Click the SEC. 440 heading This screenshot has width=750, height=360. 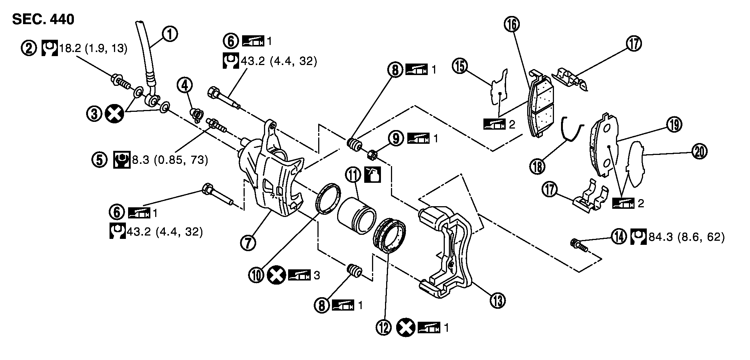tap(43, 19)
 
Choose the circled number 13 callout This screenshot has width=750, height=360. tap(497, 299)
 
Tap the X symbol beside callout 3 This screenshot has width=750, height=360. tap(115, 114)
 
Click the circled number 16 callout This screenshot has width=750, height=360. tap(512, 24)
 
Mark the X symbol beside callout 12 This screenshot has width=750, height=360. tap(405, 328)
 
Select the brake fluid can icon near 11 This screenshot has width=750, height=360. tap(372, 175)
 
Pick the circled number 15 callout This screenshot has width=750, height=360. tap(460, 67)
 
